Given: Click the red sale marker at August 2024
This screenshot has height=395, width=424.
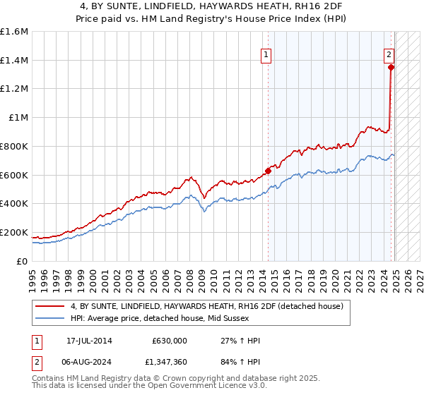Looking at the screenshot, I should click(391, 68).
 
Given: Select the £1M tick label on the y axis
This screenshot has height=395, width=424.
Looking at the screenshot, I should click(18, 118).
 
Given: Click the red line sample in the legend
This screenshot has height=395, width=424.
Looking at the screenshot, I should click(49, 305).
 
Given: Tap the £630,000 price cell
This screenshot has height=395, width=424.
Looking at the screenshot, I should click(169, 340).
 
